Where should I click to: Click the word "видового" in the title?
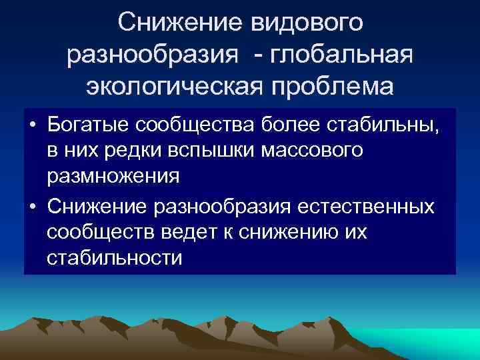[x=307, y=24]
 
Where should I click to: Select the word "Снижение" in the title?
[x=179, y=24]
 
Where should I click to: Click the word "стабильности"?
[x=114, y=259]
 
